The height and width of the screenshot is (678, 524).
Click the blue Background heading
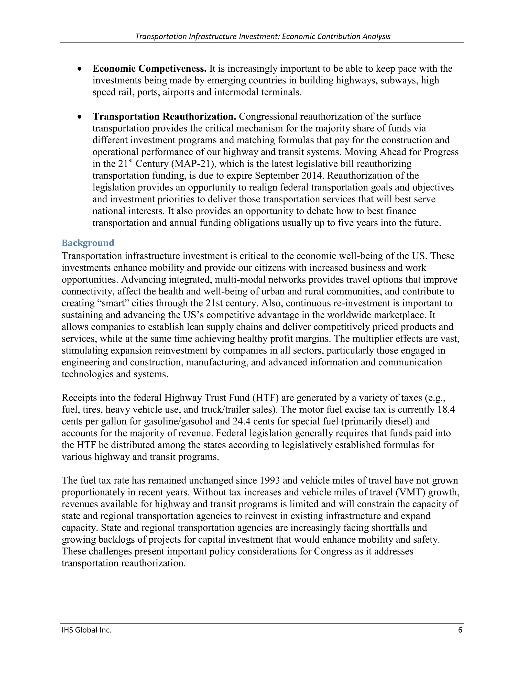(x=88, y=243)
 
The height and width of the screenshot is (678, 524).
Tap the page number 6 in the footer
(x=460, y=630)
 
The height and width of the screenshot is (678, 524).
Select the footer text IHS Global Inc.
(x=87, y=630)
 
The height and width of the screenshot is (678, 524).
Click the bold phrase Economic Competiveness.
(x=149, y=68)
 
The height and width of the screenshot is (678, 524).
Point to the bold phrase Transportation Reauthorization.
(x=164, y=116)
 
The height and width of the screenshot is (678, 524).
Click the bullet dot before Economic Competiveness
(x=80, y=69)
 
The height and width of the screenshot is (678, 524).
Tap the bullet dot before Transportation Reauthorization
(x=80, y=117)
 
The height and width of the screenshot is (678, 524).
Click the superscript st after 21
(x=131, y=160)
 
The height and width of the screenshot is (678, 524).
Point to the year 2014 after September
(x=312, y=176)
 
